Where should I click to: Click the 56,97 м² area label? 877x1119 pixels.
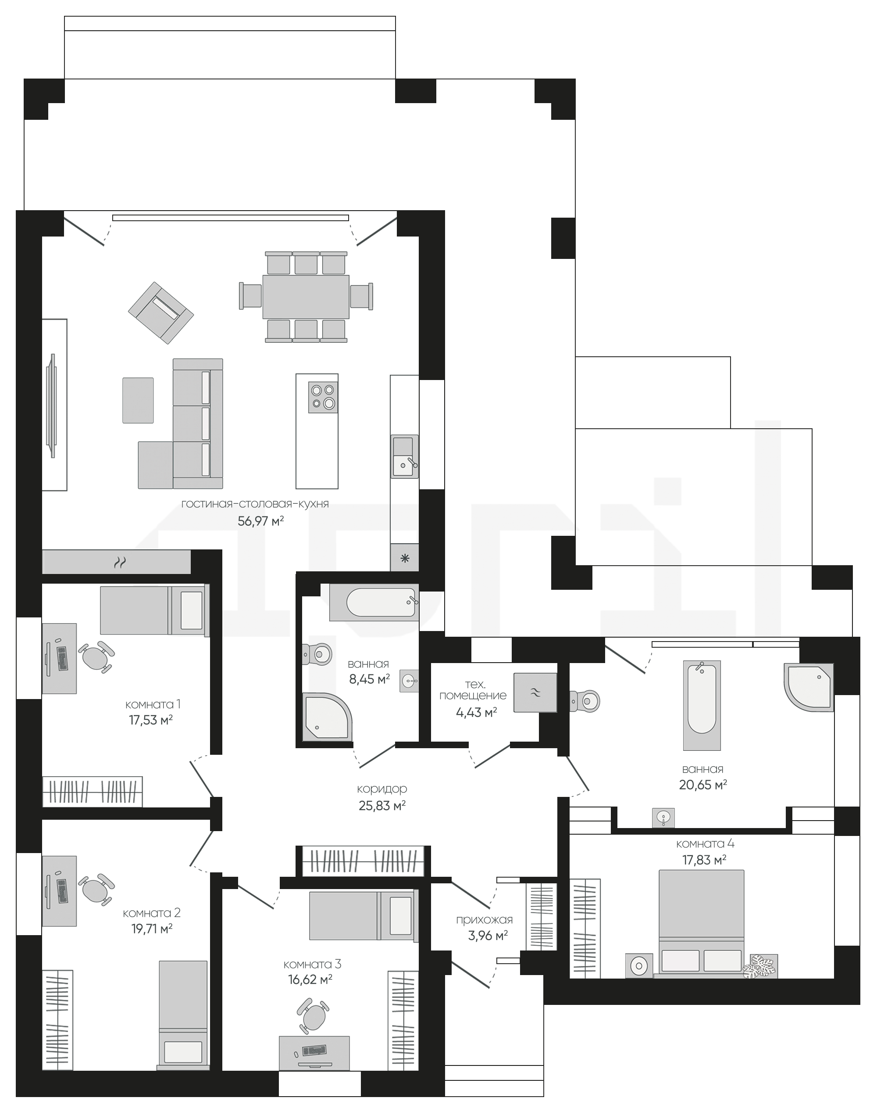260,521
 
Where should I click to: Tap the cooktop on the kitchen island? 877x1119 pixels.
323,397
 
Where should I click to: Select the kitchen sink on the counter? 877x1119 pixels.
405,456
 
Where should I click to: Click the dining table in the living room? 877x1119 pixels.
306,297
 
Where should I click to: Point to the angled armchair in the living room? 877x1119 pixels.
161,312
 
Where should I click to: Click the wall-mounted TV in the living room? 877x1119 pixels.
51,405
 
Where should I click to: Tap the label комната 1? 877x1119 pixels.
153,704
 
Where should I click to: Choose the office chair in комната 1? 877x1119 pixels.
96,656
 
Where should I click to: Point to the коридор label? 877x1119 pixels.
382,789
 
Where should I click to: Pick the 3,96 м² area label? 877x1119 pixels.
488,936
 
